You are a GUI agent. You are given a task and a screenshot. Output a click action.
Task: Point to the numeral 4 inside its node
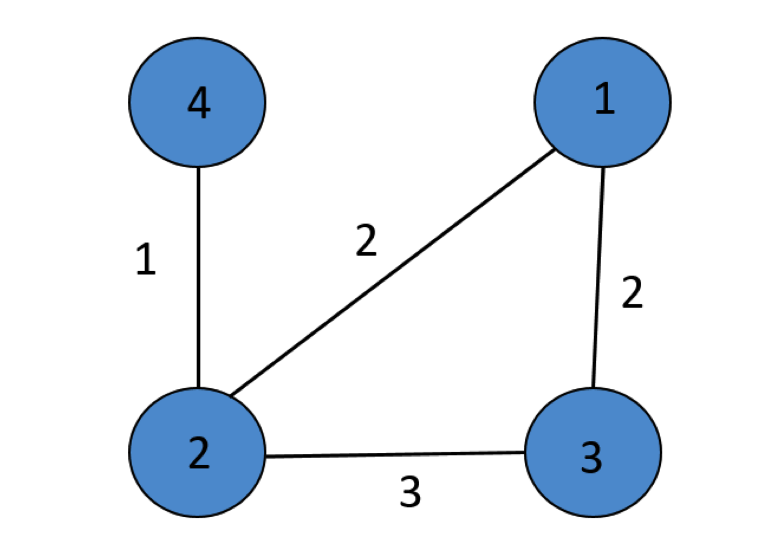[x=198, y=104]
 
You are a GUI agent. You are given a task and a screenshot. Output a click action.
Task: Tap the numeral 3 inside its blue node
[x=591, y=457]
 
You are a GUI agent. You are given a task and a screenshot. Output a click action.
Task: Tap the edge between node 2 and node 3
[x=394, y=455]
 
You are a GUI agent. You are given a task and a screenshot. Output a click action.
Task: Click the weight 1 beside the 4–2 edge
[x=146, y=259]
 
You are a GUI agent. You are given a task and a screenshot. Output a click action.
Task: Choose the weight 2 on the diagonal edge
[x=366, y=240]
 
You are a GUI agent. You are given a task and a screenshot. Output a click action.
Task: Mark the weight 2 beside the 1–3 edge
[x=632, y=293]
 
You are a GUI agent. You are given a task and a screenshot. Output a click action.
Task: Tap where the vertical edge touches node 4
[x=198, y=167]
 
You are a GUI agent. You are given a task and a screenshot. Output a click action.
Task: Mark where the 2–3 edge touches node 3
[x=525, y=453]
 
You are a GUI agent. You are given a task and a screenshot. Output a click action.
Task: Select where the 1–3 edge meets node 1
[x=603, y=167]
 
